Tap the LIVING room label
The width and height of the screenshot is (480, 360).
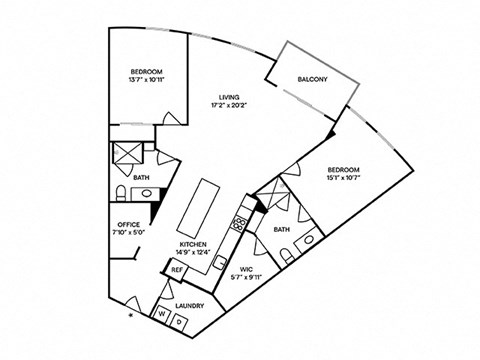pyautogui.click(x=228, y=96)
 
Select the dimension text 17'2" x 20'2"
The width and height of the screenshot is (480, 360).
pyautogui.click(x=228, y=105)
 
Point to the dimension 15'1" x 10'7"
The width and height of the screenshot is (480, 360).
pyautogui.click(x=343, y=179)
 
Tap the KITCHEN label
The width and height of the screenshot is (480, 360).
pyautogui.click(x=193, y=244)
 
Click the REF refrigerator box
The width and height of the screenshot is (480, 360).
pyautogui.click(x=176, y=270)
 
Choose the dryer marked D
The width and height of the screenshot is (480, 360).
pyautogui.click(x=178, y=321)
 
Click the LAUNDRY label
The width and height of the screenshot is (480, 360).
pyautogui.click(x=190, y=306)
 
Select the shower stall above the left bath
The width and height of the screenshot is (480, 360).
pyautogui.click(x=129, y=155)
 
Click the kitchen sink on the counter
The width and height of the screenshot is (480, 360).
pyautogui.click(x=219, y=264)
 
